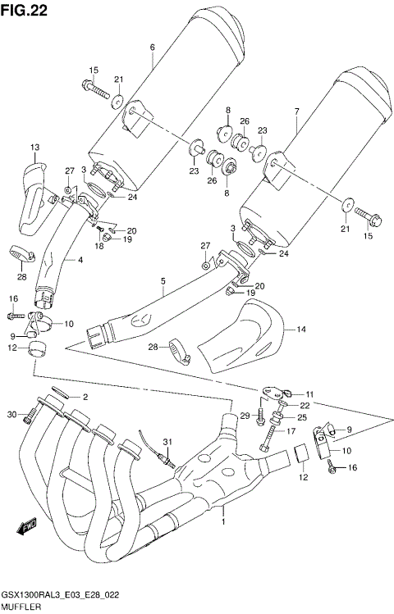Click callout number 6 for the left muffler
[153, 47]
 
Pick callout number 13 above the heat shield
[35, 147]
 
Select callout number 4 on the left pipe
[80, 261]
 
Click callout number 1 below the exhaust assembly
[223, 521]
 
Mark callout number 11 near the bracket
[309, 394]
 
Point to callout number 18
[98, 245]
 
